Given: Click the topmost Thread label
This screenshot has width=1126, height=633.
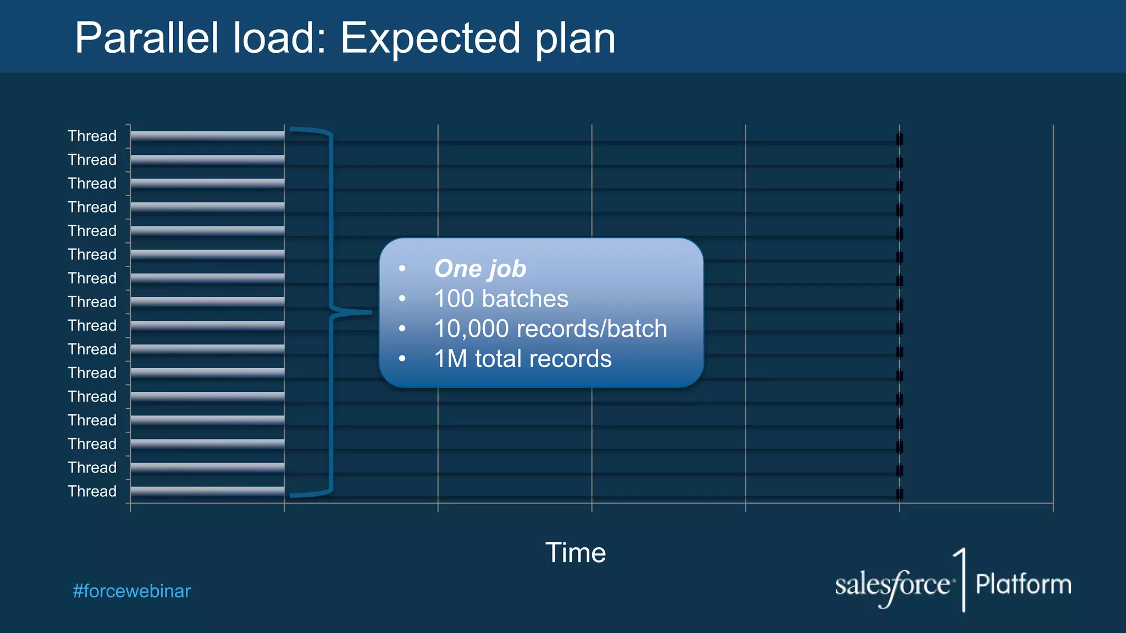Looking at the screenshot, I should pyautogui.click(x=92, y=136).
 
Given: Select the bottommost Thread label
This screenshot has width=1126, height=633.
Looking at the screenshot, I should pyautogui.click(x=92, y=491).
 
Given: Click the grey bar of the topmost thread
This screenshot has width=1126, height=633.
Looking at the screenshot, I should pyautogui.click(x=207, y=136).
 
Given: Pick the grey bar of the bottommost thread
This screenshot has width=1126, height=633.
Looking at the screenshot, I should pyautogui.click(x=207, y=491).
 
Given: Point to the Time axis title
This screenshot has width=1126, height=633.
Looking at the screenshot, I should pyautogui.click(x=575, y=552).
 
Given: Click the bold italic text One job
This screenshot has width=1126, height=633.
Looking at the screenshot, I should pyautogui.click(x=480, y=269).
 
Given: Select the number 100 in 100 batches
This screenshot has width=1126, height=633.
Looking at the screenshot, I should pyautogui.click(x=454, y=299).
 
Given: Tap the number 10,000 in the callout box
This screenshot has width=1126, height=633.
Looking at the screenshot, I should pyautogui.click(x=471, y=329).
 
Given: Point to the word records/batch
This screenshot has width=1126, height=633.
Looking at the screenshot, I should pyautogui.click(x=592, y=329).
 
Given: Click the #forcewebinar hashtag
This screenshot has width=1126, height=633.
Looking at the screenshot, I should pyautogui.click(x=132, y=591).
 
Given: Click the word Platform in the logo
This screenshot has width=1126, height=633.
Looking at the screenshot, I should pyautogui.click(x=1023, y=584).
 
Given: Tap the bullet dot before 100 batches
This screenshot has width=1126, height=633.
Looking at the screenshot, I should pyautogui.click(x=402, y=299).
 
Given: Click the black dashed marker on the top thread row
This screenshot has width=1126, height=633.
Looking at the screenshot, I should pyautogui.click(x=899, y=138).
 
